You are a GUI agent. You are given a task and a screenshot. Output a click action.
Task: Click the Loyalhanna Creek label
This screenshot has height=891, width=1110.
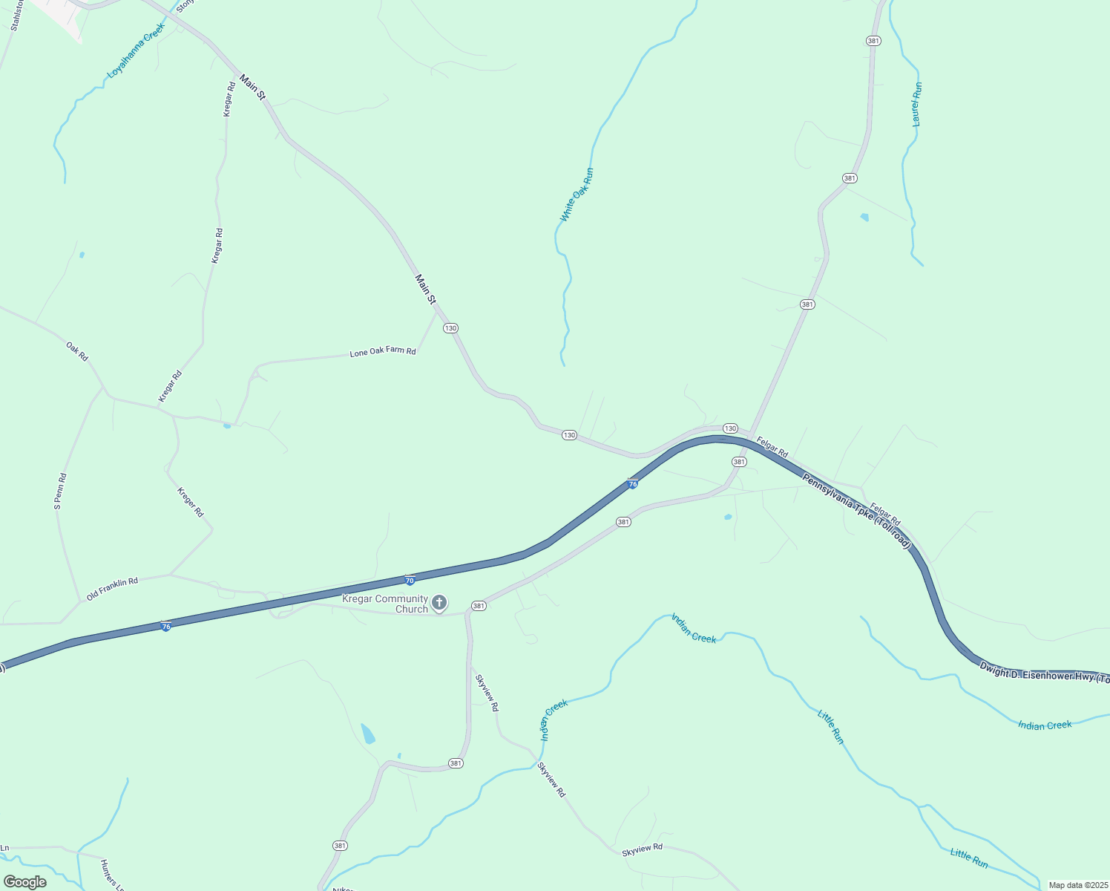point(136,50)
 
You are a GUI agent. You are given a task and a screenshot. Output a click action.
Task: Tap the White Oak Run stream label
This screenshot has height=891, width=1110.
point(577,195)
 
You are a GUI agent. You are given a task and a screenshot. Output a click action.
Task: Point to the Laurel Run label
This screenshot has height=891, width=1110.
point(917,104)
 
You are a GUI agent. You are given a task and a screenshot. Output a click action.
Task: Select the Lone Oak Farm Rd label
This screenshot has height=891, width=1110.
point(383,351)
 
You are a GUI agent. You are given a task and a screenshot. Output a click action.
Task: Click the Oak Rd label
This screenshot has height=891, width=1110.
point(77,351)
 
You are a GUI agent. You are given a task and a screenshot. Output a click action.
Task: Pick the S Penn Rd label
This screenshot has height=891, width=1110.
point(61,491)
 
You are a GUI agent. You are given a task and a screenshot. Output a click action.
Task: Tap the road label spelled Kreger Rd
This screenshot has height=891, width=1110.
point(190,502)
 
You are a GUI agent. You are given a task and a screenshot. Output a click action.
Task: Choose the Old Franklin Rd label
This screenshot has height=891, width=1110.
point(112,589)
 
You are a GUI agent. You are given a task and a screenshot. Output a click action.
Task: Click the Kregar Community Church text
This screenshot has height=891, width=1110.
point(385,604)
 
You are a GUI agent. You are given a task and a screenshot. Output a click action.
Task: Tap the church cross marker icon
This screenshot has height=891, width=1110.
point(439,601)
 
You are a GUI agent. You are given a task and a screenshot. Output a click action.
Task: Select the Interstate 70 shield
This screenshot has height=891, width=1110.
point(410,580)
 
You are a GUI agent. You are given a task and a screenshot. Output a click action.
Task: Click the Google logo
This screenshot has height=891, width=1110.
point(24,882)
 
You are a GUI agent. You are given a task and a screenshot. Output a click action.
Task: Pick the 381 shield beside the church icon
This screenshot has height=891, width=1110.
point(479,606)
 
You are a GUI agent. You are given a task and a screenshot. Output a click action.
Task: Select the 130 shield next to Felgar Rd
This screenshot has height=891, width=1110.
point(730,428)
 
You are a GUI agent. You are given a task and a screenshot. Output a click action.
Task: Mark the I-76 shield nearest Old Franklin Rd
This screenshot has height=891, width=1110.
point(166,627)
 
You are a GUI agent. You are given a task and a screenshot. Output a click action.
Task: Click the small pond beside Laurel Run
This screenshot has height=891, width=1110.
point(864,218)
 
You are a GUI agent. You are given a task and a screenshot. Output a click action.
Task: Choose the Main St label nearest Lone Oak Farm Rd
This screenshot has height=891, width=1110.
point(425,289)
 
